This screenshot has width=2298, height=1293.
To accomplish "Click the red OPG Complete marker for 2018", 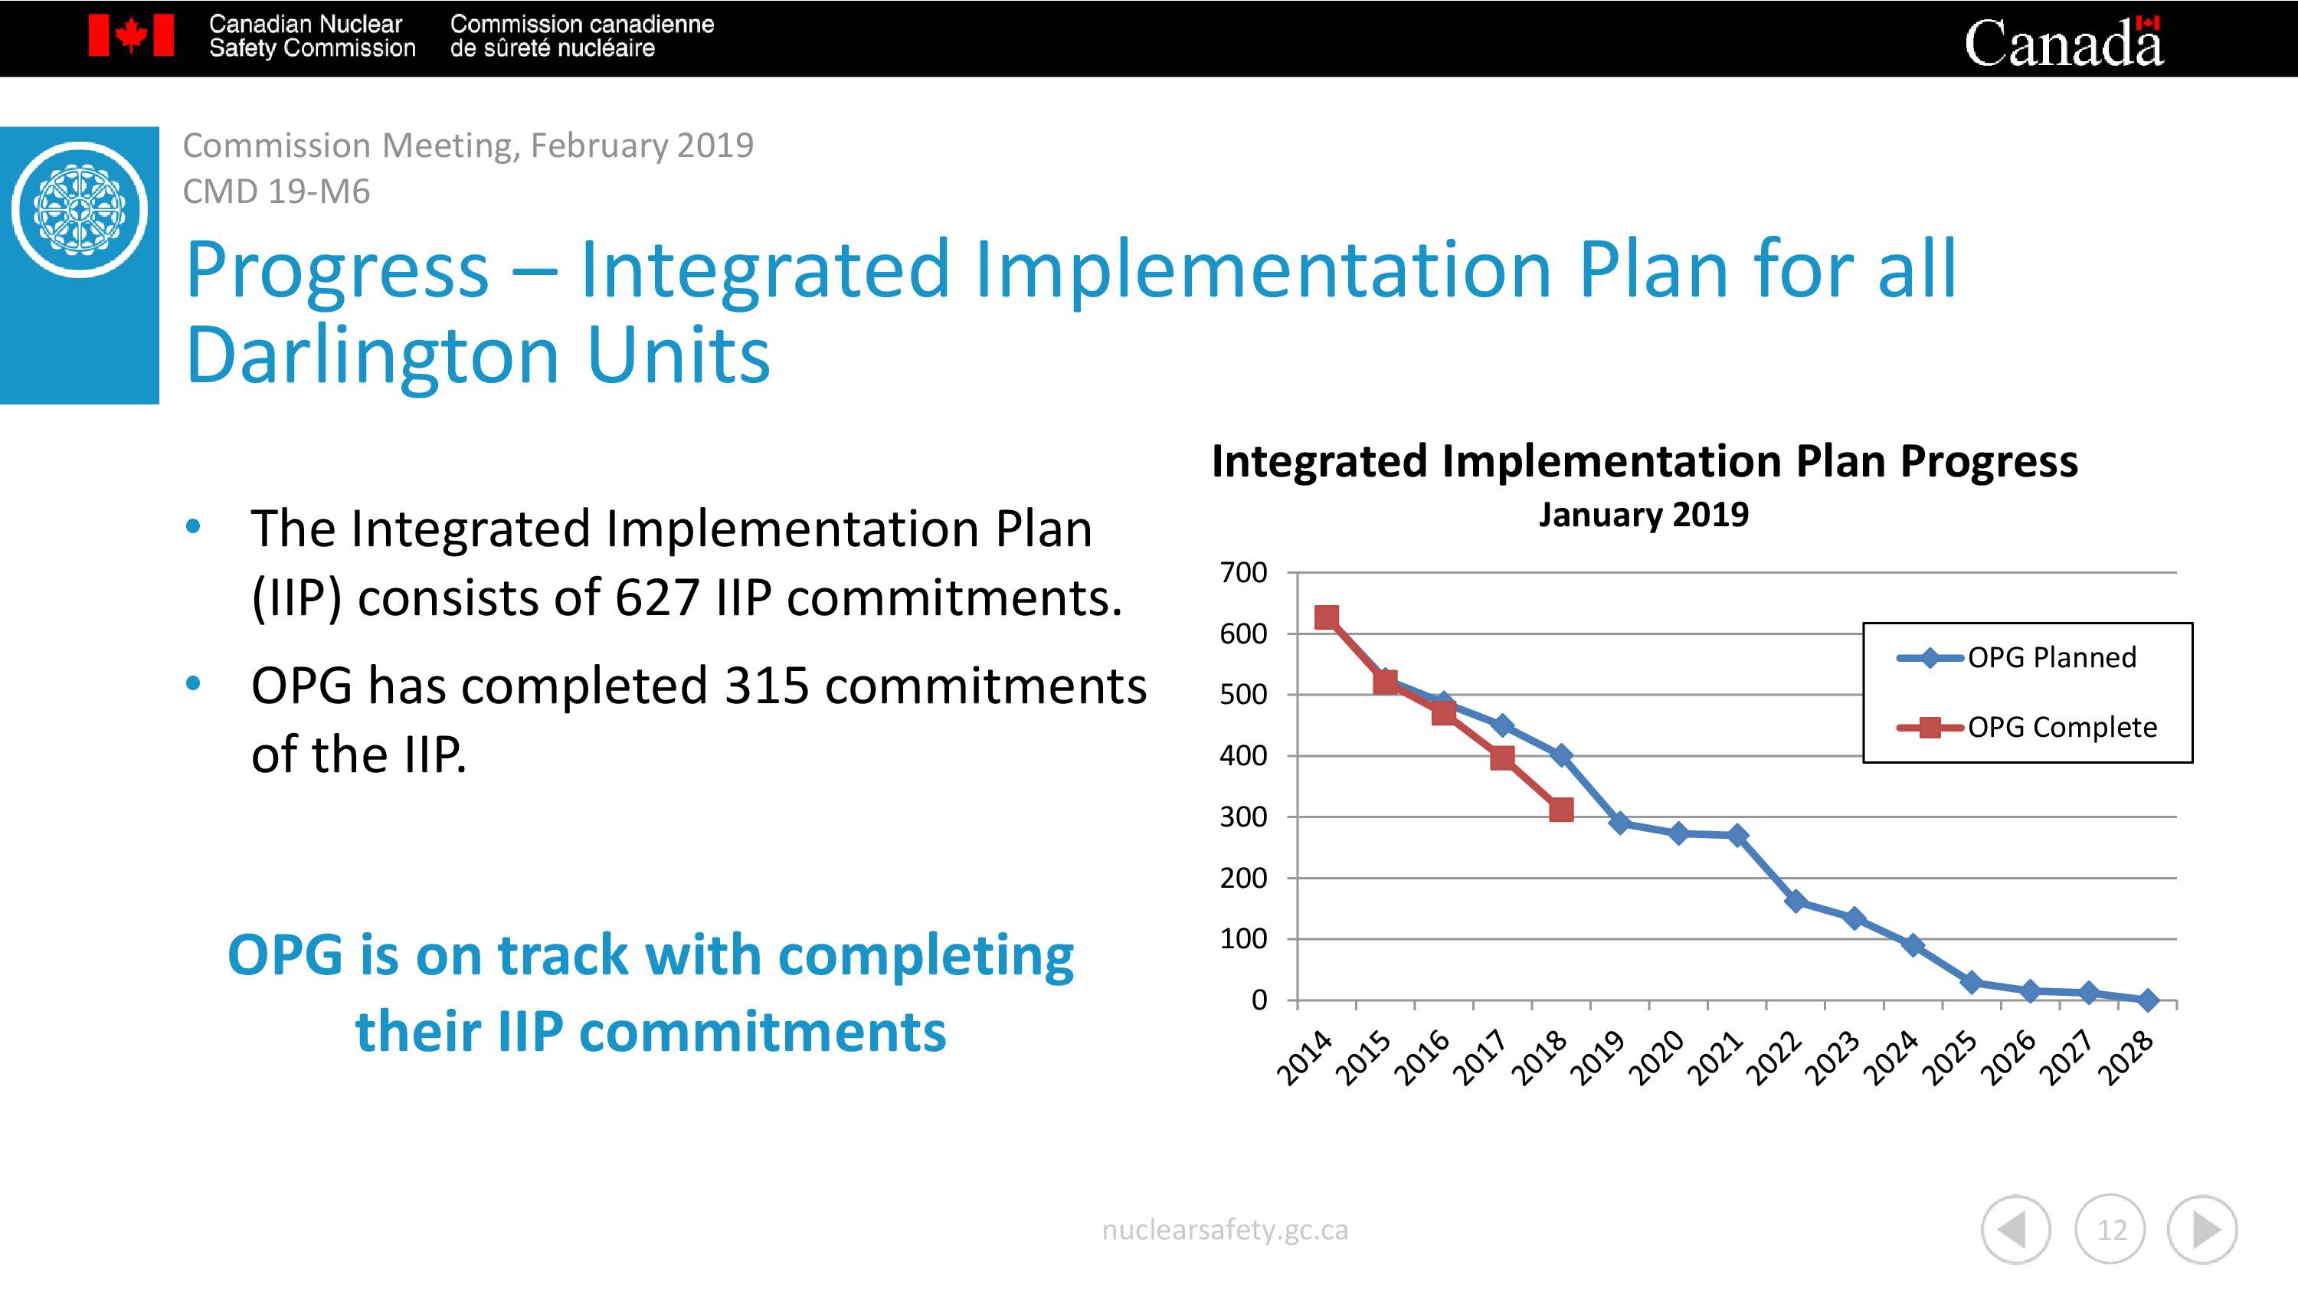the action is point(1561,810).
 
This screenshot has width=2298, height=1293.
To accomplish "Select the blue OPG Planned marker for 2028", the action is point(2148,1000).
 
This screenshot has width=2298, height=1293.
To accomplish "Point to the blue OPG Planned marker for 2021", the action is point(1737,835).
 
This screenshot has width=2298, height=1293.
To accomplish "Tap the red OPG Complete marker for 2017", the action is point(1502,758).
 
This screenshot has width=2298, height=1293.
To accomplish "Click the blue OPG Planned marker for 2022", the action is point(1796,902).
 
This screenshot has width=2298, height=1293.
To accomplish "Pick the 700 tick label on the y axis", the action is point(1242,572).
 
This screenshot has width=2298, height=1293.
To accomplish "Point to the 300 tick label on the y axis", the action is point(1242,817).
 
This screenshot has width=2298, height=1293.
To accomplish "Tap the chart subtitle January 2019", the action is point(1644,514).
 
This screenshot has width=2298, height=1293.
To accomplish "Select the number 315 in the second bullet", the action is point(766,686).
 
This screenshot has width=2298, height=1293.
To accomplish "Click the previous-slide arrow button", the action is point(2016,1229).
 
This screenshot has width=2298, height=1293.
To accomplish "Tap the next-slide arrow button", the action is point(2202,1229).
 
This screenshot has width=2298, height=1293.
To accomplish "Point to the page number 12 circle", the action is point(2110,1229).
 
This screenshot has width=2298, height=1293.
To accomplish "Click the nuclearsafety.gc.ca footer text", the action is point(1225,1229).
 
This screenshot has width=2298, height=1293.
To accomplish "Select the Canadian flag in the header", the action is point(131,36).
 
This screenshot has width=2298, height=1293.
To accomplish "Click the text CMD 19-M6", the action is point(277,191).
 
